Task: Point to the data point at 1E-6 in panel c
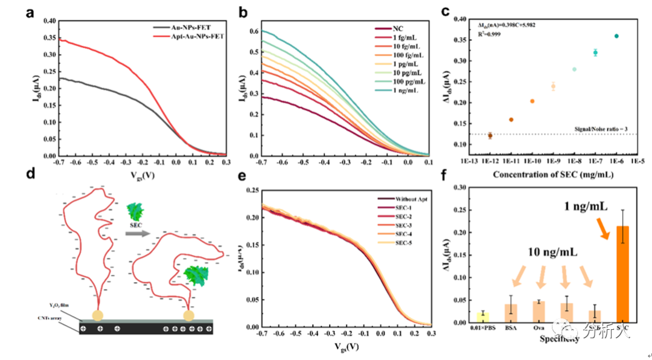(616, 36)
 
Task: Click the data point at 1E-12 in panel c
(490, 135)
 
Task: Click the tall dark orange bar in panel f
(621, 274)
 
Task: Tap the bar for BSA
(511, 313)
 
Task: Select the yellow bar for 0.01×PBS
(483, 317)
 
